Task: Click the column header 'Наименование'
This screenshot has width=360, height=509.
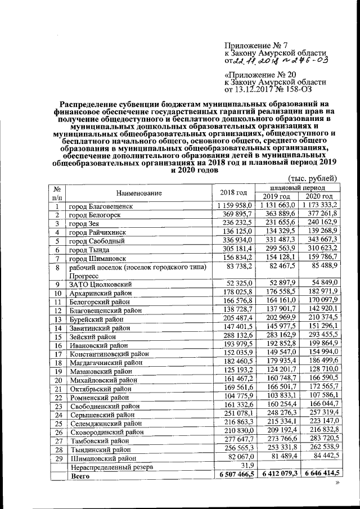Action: click(139, 192)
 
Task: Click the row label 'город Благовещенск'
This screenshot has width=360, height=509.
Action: click(101, 206)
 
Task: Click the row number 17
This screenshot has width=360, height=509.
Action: click(57, 354)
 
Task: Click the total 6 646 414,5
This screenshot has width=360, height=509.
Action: click(322, 475)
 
